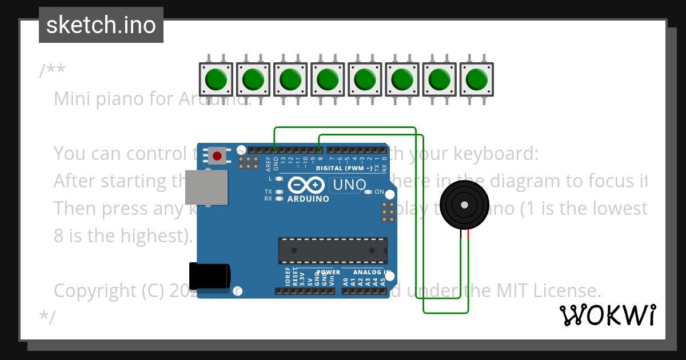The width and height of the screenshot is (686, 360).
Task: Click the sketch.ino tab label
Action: pos(101,25)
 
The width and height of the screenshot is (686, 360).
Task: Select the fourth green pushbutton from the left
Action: pos(327,79)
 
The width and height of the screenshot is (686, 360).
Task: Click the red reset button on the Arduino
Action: pos(217,155)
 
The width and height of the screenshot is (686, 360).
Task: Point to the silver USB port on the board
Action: pos(206,187)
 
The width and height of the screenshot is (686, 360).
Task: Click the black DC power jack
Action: pos(210,276)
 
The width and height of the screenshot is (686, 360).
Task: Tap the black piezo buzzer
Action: pos(464,205)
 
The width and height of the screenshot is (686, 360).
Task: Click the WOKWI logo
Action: pos(607,315)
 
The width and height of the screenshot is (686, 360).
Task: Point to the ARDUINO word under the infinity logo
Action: pos(308,199)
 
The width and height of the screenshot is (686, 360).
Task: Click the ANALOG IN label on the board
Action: pos(372,273)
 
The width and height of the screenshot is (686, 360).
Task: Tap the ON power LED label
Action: pos(379,192)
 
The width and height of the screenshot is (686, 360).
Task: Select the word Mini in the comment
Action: pos(73,99)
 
